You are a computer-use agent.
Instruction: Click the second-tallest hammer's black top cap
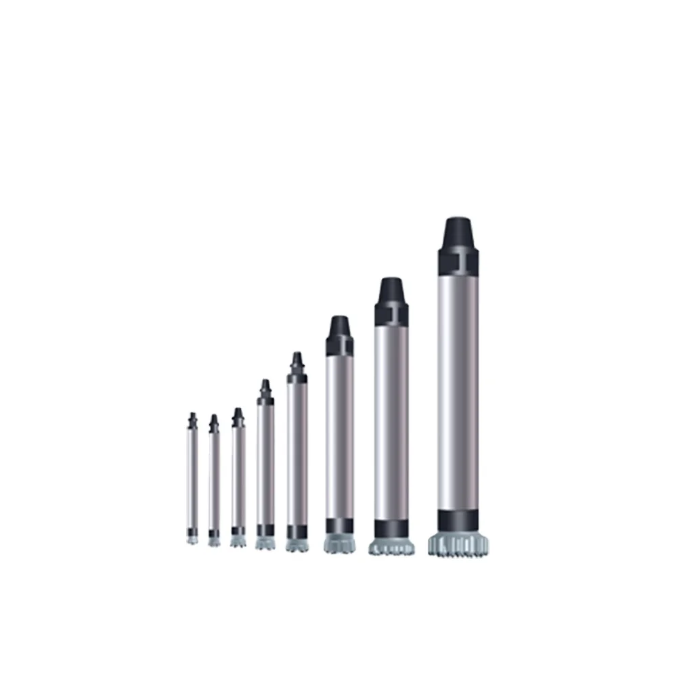click(x=392, y=299)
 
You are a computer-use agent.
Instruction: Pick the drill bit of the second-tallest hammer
click(x=392, y=546)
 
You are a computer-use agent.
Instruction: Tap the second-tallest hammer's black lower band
click(x=392, y=529)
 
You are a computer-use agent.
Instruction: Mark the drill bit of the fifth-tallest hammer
click(x=265, y=543)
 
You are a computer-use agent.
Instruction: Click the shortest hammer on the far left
click(x=192, y=477)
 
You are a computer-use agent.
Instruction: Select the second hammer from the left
click(x=214, y=481)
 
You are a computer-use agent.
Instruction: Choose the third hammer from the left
click(x=238, y=477)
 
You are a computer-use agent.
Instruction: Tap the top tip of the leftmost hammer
click(x=192, y=415)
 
